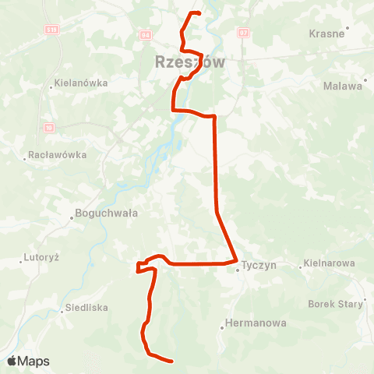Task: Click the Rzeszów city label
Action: pyautogui.click(x=189, y=62)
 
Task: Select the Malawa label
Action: pyautogui.click(x=343, y=86)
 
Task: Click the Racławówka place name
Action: pyautogui.click(x=56, y=155)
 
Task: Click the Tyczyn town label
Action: pyautogui.click(x=259, y=265)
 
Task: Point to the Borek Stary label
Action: pyautogui.click(x=336, y=304)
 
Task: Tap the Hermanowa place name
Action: pyautogui.click(x=255, y=323)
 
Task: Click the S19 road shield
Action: pyautogui.click(x=51, y=28)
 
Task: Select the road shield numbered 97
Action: pyautogui.click(x=243, y=34)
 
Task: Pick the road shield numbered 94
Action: pyautogui.click(x=145, y=34)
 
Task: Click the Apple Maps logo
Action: pyautogui.click(x=28, y=361)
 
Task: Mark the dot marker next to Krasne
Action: pyautogui.click(x=348, y=28)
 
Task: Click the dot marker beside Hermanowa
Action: pyautogui.click(x=222, y=328)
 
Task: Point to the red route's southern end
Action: pyautogui.click(x=171, y=360)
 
